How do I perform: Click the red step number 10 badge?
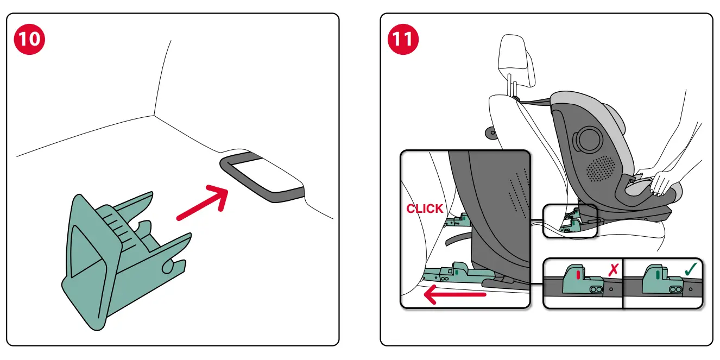pos(30,40)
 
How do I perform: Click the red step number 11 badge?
pos(403,40)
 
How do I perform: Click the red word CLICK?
pos(425,209)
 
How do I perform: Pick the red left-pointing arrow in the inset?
pos(454,295)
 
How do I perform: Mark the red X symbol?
pos(614,269)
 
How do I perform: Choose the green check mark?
pos(691,269)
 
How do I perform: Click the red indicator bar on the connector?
pos(578,275)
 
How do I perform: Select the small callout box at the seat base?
pos(570,221)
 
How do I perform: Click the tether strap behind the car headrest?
pos(535,101)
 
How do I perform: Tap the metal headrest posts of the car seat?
pos(511,86)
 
